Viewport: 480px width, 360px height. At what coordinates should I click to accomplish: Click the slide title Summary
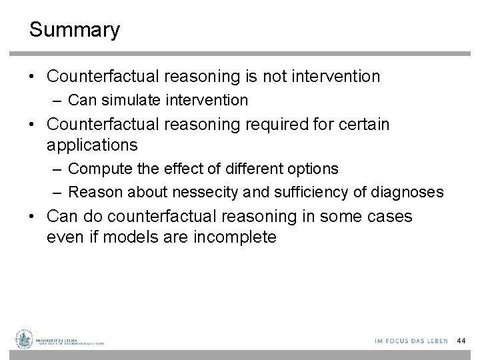[75, 30]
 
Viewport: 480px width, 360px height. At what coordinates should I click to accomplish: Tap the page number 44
[461, 341]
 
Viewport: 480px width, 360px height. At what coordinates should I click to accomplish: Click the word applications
[92, 145]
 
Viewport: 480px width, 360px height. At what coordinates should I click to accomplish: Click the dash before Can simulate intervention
[58, 101]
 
